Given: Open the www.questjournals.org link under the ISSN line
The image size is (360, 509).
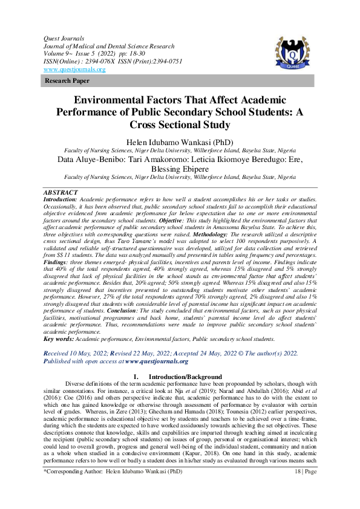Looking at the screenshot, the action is click(74, 70).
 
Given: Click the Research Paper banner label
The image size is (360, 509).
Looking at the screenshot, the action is click(64, 80).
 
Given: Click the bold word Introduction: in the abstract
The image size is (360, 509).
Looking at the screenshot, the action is click(61, 198).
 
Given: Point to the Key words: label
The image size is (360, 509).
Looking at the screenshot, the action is click(58, 339).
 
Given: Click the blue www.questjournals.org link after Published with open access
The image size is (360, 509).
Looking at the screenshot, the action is click(157, 361).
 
